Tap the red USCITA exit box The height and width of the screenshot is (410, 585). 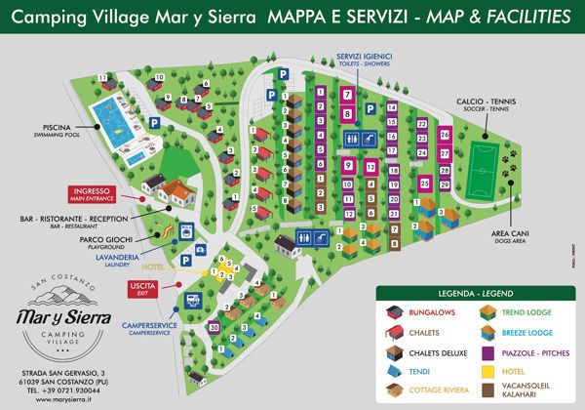pos(142,287)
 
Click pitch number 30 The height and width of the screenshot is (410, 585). pos(214,327)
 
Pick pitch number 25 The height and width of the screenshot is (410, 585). pos(424,183)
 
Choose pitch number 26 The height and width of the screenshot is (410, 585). pos(445,135)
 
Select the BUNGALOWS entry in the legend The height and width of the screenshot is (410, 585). pos(428,312)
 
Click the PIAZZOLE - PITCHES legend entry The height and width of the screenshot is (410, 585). pos(527,351)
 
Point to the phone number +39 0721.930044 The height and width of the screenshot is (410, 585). pos(64,389)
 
